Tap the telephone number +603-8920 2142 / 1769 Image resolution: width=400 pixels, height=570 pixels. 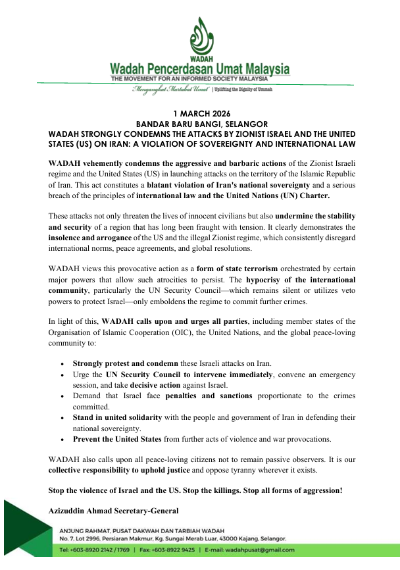pyautogui.click(x=99, y=550)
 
